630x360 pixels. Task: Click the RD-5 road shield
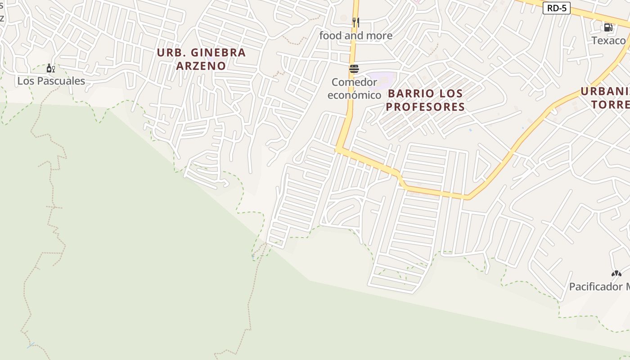pyautogui.click(x=556, y=8)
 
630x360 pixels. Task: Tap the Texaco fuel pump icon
pyautogui.click(x=608, y=27)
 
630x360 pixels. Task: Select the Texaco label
pyautogui.click(x=608, y=40)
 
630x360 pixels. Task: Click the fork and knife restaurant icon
pyautogui.click(x=355, y=22)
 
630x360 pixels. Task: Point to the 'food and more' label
pyautogui.click(x=355, y=36)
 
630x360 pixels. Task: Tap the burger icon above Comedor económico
pyautogui.click(x=354, y=69)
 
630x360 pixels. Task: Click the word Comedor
pyautogui.click(x=354, y=82)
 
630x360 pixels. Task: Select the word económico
pyautogui.click(x=354, y=95)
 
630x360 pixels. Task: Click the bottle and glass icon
pyautogui.click(x=51, y=68)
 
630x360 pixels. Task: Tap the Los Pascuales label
pyautogui.click(x=51, y=81)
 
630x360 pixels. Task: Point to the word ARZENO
pyautogui.click(x=201, y=66)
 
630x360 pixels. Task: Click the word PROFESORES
pyautogui.click(x=425, y=107)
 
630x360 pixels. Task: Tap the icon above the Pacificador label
pyautogui.click(x=616, y=273)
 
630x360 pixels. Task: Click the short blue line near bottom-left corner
pyautogui.click(x=31, y=345)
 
